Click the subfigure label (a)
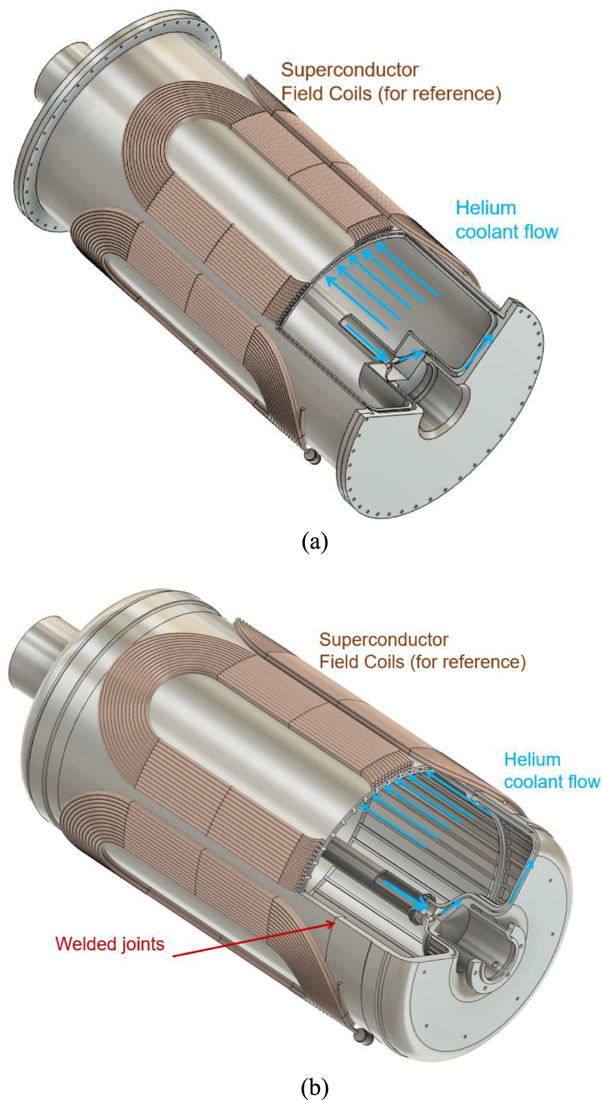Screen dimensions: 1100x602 click(314, 541)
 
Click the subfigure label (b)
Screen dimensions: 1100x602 click(314, 1088)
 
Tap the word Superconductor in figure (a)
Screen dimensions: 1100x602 click(349, 70)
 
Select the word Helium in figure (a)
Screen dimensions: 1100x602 click(486, 208)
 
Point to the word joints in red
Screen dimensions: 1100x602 click(141, 944)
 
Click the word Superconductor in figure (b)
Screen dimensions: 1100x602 click(384, 639)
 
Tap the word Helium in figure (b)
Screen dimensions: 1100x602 click(532, 759)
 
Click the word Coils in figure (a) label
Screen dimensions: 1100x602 click(350, 93)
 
